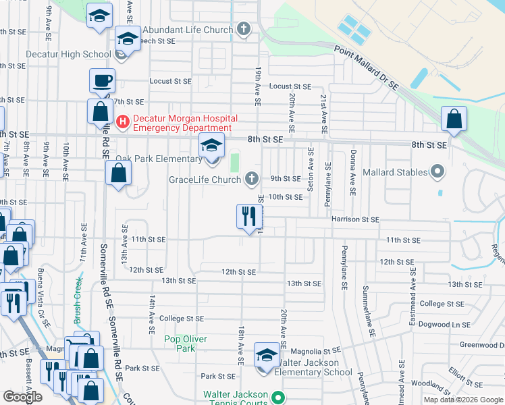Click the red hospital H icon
(x=123, y=122)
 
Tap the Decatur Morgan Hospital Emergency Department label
(x=182, y=122)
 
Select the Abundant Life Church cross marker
(x=244, y=29)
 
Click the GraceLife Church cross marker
(x=251, y=179)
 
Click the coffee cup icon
(x=102, y=80)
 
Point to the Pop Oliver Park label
(x=186, y=344)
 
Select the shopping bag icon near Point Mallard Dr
(x=454, y=119)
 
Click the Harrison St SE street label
(x=355, y=219)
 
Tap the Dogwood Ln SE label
(x=444, y=325)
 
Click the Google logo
(x=23, y=396)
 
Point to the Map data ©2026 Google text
(x=463, y=400)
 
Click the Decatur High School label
(x=68, y=54)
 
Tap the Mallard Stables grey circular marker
(x=437, y=172)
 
